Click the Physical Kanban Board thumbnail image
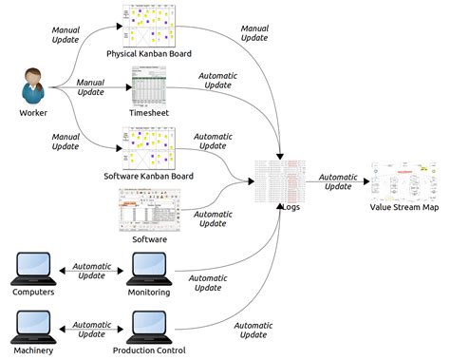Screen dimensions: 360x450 [x=148, y=27]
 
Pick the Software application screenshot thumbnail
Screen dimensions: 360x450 [x=148, y=210]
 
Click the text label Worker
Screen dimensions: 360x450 [x=33, y=114]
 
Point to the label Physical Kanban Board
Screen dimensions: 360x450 [x=149, y=53]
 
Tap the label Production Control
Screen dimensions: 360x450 [x=150, y=351]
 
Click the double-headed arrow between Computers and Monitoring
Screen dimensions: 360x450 [x=91, y=272]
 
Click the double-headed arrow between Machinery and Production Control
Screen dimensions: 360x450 [x=91, y=331]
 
